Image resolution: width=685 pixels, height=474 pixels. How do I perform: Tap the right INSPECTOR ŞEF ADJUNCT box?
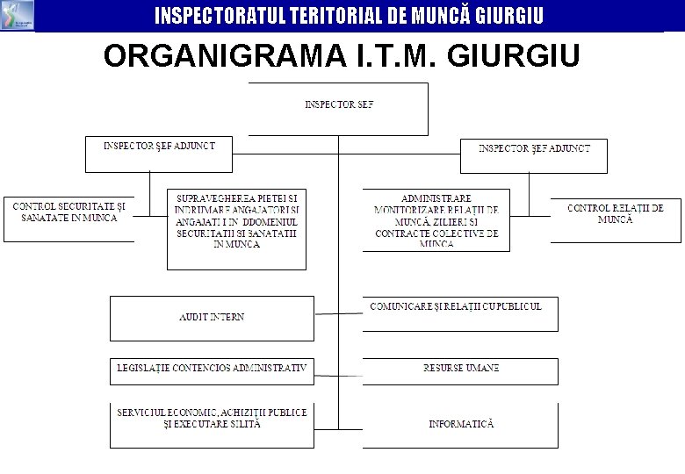coord(534,155)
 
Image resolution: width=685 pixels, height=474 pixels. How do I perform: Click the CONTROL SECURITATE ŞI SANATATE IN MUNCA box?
coord(68,219)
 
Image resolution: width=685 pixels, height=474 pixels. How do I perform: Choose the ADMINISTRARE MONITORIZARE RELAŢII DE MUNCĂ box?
coord(436,220)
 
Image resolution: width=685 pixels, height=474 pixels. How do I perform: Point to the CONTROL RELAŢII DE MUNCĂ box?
coord(616,220)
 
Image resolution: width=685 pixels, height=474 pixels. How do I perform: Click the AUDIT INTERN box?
coord(212,318)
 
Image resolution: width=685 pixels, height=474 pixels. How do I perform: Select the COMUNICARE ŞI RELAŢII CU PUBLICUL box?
coord(460,313)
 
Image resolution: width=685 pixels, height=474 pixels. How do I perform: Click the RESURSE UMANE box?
coord(460,371)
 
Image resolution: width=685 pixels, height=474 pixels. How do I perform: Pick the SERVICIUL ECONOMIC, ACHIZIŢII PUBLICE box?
coord(212,425)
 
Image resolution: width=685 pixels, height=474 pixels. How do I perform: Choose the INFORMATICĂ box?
coord(460,425)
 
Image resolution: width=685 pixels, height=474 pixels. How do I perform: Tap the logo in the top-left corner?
coord(18,15)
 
